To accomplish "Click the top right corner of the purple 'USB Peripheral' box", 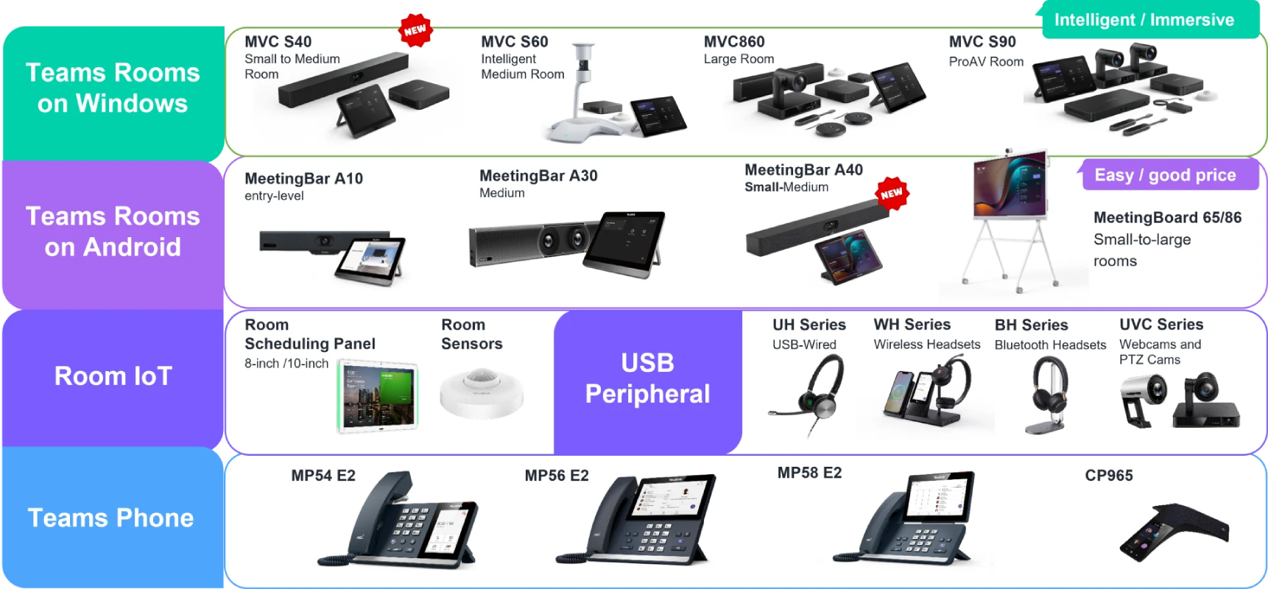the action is pyautogui.click(x=742, y=311).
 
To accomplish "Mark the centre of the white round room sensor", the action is pyautogui.click(x=481, y=393).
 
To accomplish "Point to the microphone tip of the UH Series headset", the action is pyautogui.click(x=771, y=412).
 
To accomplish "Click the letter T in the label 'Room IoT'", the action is pyautogui.click(x=163, y=376).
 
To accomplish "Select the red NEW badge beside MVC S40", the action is pyautogui.click(x=415, y=30).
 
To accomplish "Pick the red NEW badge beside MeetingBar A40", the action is pyautogui.click(x=892, y=194).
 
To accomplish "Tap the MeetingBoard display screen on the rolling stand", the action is pyautogui.click(x=1010, y=184).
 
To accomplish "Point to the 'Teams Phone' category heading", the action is pyautogui.click(x=111, y=518).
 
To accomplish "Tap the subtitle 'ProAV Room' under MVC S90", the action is pyautogui.click(x=986, y=62).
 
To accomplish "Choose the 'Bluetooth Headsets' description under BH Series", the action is pyautogui.click(x=1050, y=345).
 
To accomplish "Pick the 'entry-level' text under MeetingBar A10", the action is pyautogui.click(x=274, y=196).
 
